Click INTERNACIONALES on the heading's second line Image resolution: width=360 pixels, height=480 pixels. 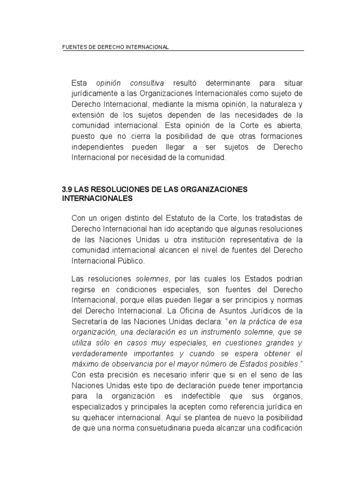(x=97, y=198)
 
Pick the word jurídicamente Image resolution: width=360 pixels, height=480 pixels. (x=94, y=93)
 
